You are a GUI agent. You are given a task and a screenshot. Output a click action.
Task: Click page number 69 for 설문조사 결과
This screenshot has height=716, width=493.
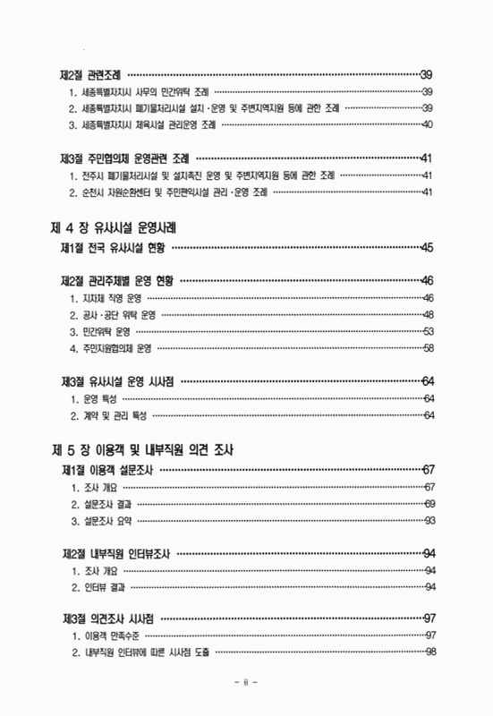[x=429, y=505]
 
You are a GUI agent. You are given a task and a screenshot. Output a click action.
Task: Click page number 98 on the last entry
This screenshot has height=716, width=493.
[x=429, y=652]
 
